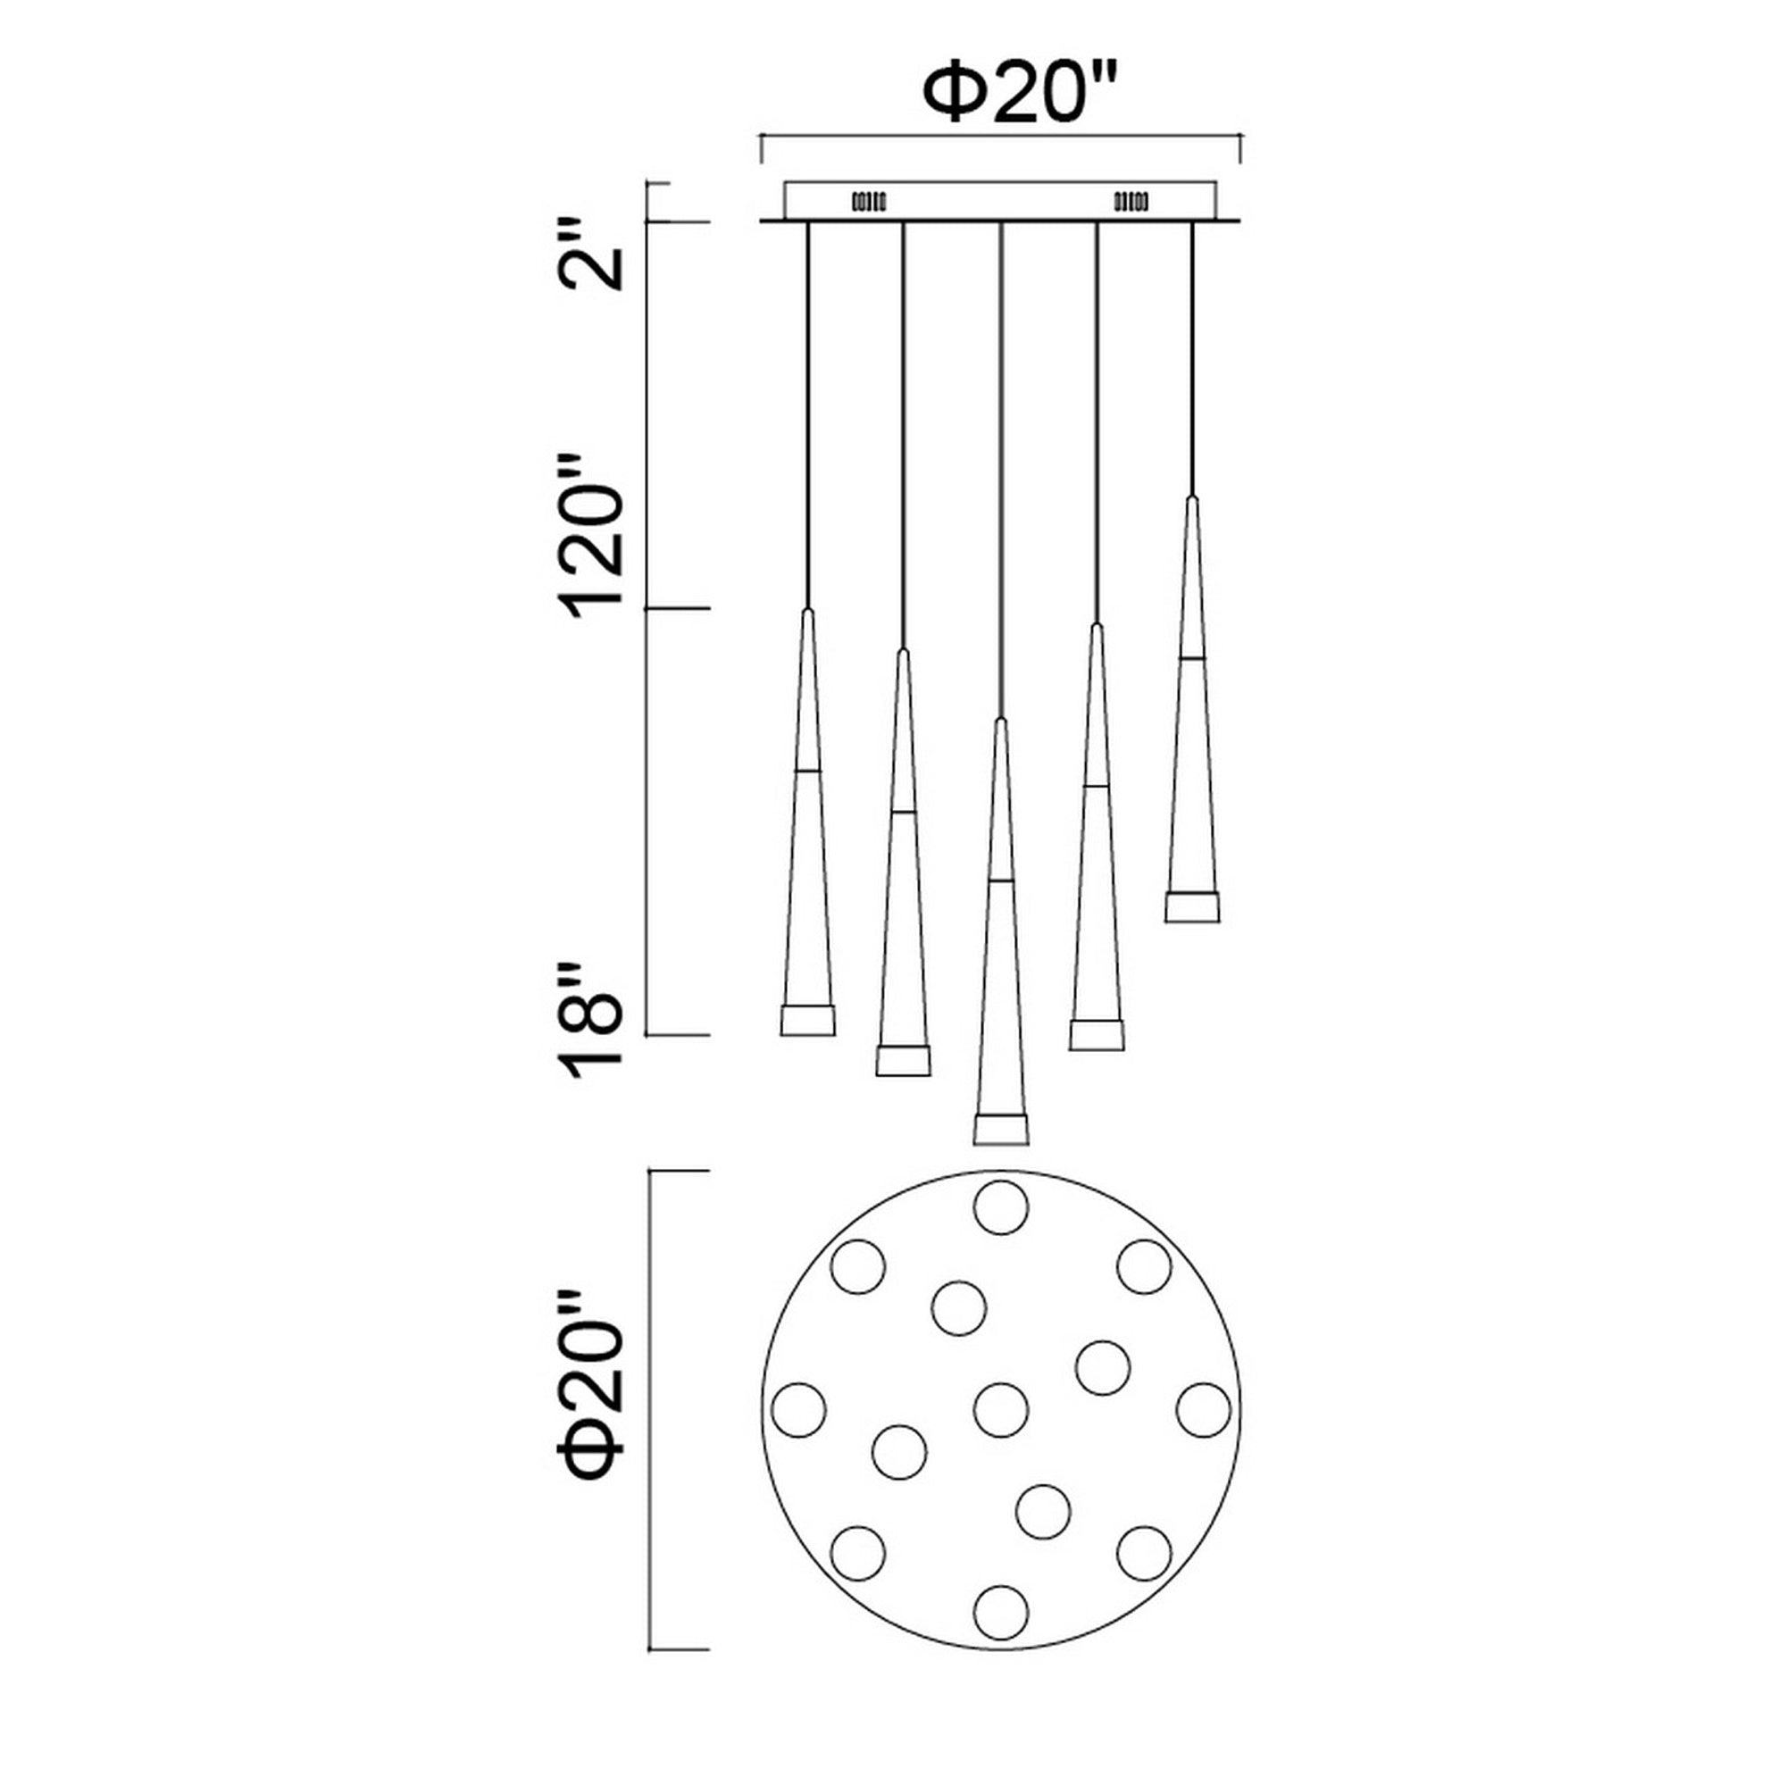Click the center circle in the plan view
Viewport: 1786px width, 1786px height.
[1000, 1410]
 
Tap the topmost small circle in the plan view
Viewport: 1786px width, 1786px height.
[1000, 1207]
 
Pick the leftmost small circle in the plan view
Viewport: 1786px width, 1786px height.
[798, 1410]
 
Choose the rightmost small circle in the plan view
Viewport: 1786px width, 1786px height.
[1203, 1410]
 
